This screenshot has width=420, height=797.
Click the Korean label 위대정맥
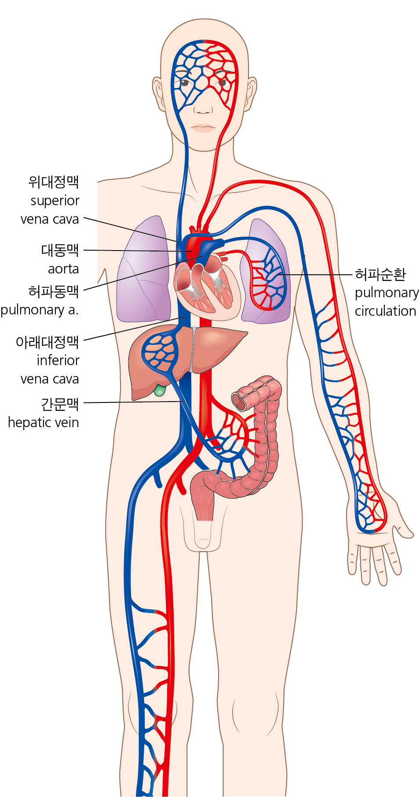[x=54, y=182]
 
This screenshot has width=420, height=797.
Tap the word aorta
[x=63, y=269]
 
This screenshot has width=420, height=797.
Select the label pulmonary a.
[x=40, y=310]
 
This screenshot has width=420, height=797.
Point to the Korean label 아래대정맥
[x=47, y=342]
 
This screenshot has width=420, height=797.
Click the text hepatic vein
[x=44, y=422]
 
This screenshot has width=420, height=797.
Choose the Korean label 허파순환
[x=380, y=274]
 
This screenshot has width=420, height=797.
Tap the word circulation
[x=386, y=311]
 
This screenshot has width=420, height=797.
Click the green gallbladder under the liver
[x=160, y=390]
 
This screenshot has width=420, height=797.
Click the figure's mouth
[x=203, y=128]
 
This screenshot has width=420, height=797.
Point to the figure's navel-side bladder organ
[x=203, y=497]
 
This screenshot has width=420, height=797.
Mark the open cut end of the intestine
[x=240, y=401]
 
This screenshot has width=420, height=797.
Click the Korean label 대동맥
[x=60, y=250]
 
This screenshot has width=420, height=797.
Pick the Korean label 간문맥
[x=60, y=404]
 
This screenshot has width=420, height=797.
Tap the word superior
[x=55, y=201]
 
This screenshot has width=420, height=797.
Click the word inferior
[x=58, y=360]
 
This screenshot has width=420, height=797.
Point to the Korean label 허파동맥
[x=54, y=291]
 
